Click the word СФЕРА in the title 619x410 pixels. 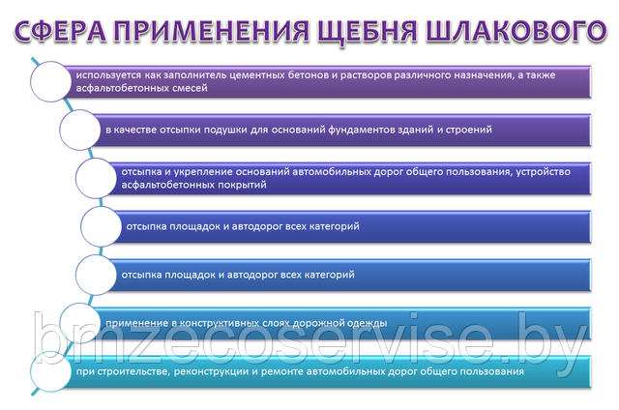[x=60, y=31]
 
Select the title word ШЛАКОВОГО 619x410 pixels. [x=516, y=31]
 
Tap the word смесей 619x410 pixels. [x=190, y=88]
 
